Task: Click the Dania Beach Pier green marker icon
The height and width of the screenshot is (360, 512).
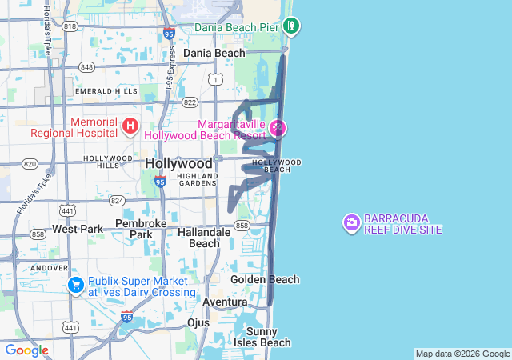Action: [x=292, y=26]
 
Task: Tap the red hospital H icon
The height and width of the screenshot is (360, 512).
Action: [x=130, y=126]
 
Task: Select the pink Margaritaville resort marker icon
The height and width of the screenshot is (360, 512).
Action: [x=278, y=127]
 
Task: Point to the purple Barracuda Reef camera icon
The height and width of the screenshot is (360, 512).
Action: [x=351, y=222]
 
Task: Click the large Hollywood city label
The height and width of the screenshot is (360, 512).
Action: [x=179, y=163]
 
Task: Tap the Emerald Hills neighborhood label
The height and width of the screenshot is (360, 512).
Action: [x=106, y=91]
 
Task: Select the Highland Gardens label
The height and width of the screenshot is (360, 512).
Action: [x=197, y=179]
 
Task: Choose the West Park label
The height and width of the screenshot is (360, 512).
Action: [x=78, y=229]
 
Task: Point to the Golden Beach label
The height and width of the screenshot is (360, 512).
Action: [x=265, y=279]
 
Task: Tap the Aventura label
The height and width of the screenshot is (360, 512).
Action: [x=225, y=302]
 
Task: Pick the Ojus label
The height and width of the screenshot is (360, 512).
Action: [x=198, y=322]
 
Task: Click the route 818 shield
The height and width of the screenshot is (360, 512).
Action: [x=70, y=26]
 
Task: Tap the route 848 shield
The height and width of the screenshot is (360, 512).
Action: [x=86, y=66]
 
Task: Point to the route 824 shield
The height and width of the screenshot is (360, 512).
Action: [x=117, y=200]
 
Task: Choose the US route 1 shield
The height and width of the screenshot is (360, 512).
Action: [x=214, y=78]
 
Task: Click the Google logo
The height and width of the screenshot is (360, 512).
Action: [x=27, y=350]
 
